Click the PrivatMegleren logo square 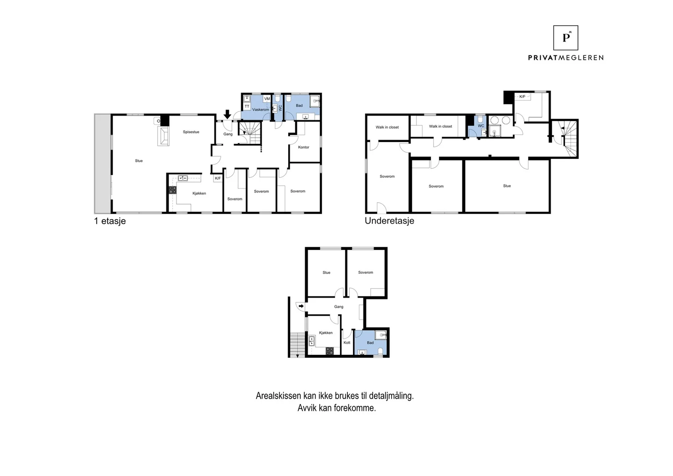click(x=565, y=38)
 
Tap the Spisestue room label click(x=191, y=132)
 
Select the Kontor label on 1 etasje click(x=303, y=147)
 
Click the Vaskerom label click(x=260, y=110)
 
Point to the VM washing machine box click(x=267, y=99)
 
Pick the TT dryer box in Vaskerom click(x=246, y=106)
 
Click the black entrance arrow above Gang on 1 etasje click(x=228, y=114)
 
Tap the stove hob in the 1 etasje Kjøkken click(x=172, y=190)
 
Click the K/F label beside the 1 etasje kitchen click(x=218, y=178)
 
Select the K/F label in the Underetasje click(x=522, y=97)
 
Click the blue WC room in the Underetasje click(x=477, y=127)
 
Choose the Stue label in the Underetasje click(x=507, y=186)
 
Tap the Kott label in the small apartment click(x=347, y=343)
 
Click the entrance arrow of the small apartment click(x=301, y=306)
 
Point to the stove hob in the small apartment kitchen click(x=330, y=351)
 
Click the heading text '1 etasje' click(x=110, y=221)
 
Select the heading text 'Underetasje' click(x=389, y=221)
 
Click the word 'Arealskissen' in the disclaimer click(x=278, y=396)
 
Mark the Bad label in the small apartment click(x=370, y=343)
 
